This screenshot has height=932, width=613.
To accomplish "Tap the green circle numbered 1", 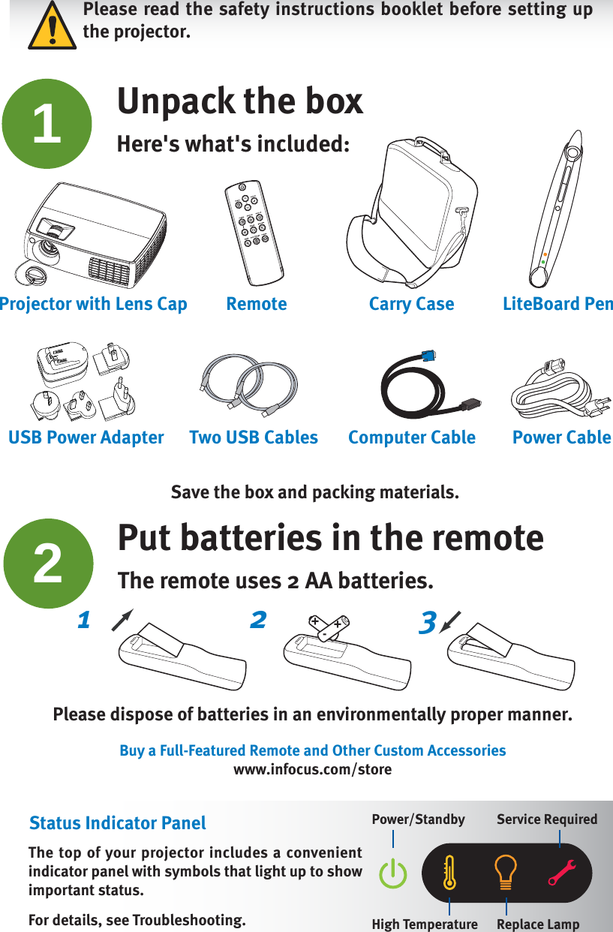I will click(47, 124).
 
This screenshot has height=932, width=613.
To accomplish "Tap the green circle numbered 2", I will click(48, 564).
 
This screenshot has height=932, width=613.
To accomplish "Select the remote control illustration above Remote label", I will click(255, 229).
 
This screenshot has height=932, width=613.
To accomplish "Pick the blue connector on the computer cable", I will click(428, 357).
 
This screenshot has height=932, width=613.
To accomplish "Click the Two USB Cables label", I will click(254, 437).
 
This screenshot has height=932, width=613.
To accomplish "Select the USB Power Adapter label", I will click(86, 437).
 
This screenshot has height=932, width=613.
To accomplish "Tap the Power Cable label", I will click(561, 437).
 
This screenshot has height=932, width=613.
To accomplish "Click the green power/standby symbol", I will click(393, 874).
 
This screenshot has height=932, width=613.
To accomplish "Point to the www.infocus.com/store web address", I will click(312, 770).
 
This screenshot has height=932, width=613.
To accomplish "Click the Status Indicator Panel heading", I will click(117, 823).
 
